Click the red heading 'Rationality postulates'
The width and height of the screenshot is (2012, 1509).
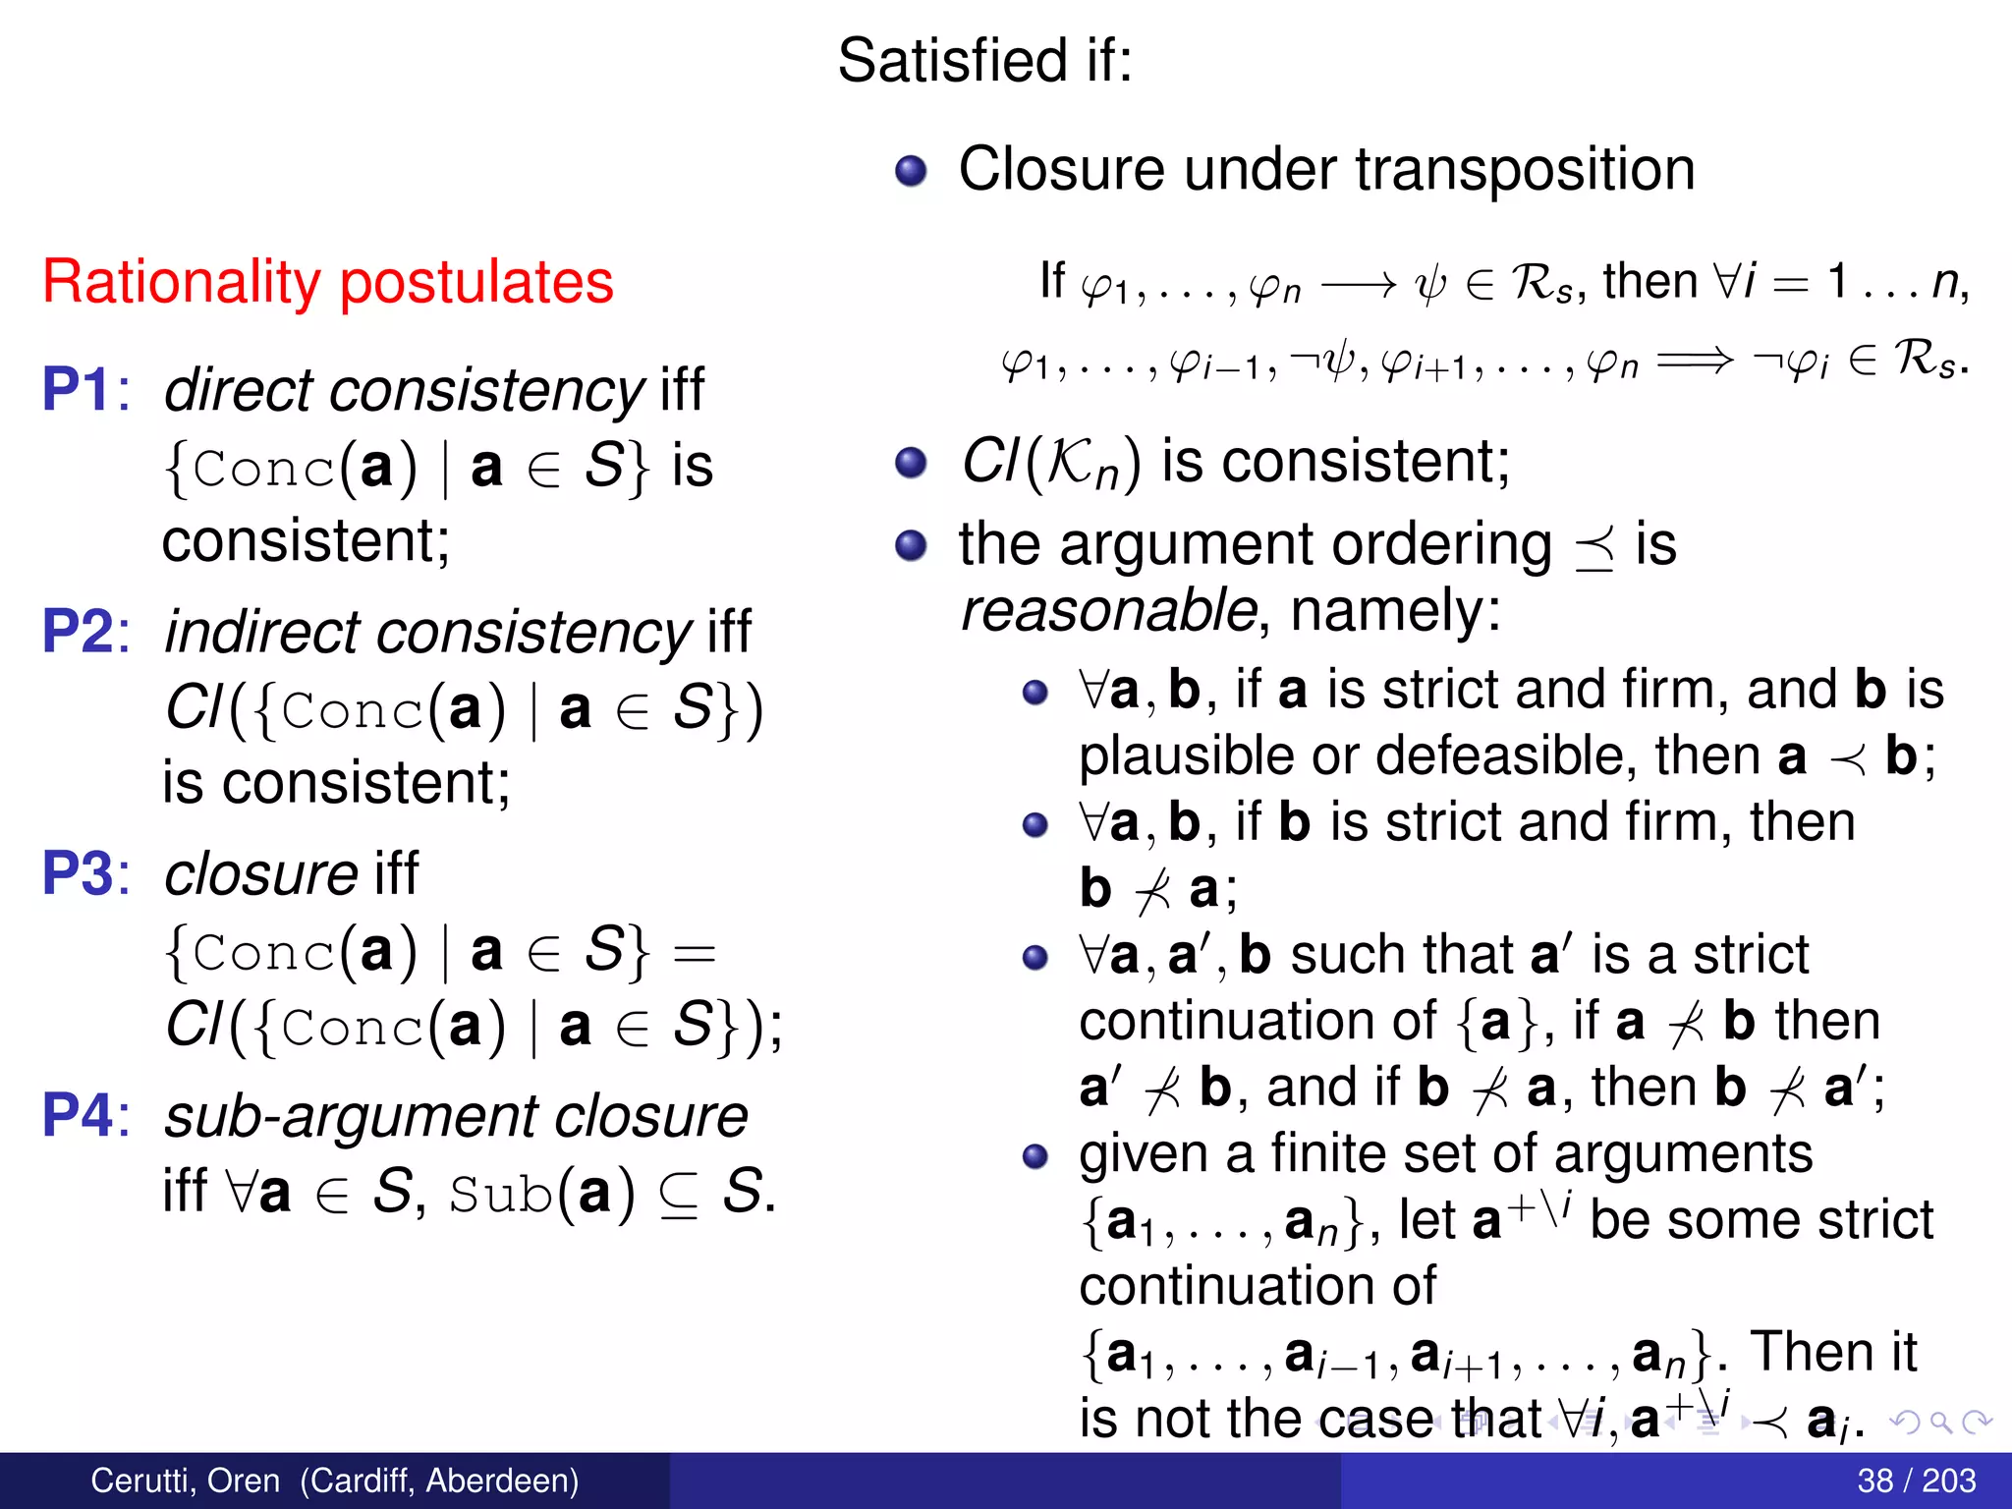[328, 283]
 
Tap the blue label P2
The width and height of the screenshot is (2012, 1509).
[79, 632]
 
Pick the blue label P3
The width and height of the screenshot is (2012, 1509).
[79, 873]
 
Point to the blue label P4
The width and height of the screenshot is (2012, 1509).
[79, 1116]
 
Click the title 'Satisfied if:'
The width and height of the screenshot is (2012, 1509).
[984, 61]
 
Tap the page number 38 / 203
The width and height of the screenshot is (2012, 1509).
[1916, 1481]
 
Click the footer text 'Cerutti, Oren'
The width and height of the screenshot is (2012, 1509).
[185, 1481]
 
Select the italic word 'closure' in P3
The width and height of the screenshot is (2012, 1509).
[260, 873]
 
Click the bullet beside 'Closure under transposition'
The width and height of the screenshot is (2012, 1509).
[911, 171]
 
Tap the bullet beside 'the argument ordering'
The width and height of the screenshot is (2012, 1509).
[911, 545]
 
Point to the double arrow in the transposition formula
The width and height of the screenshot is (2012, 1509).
[1694, 362]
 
